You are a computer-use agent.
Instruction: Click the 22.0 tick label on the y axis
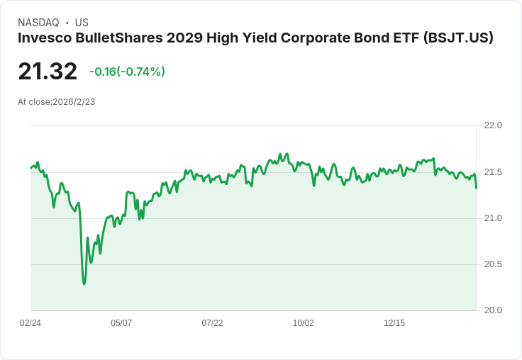pos(492,125)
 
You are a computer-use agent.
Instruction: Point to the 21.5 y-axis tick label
pos(492,172)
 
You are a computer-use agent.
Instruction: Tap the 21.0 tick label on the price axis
pos(492,218)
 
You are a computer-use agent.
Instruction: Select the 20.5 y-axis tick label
pos(492,264)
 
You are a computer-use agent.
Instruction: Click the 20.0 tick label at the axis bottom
pos(492,310)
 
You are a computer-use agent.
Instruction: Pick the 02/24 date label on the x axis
pos(30,323)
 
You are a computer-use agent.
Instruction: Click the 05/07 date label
pos(121,323)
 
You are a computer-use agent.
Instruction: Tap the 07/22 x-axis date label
pos(212,323)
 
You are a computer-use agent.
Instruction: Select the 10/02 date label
pos(304,323)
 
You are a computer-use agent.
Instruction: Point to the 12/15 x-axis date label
pos(394,323)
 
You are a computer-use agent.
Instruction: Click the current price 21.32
pos(48,72)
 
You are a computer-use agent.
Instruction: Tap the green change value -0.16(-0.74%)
pos(127,72)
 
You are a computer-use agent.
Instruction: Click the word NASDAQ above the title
pos(38,23)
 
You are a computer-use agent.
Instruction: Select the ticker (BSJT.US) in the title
pos(457,38)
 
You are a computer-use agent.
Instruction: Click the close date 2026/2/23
pos(74,102)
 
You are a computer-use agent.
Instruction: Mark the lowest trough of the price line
pos(84,284)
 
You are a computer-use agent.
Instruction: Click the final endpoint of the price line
pos(476,188)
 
